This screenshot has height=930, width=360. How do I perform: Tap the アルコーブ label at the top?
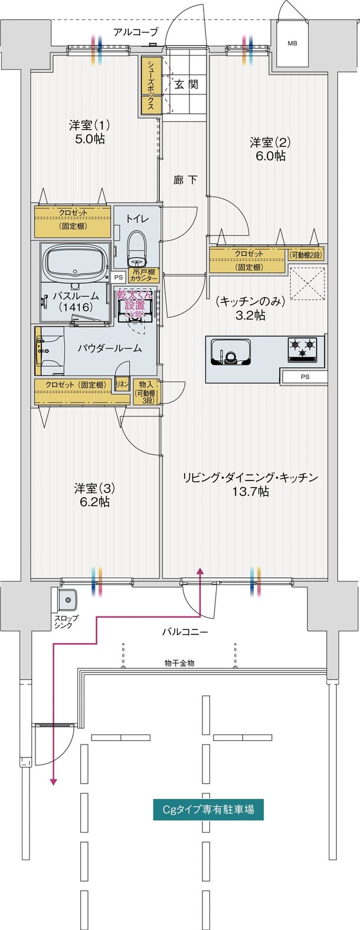[136, 32]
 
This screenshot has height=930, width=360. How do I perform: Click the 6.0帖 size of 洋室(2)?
[270, 156]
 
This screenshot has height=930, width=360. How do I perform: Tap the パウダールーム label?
[110, 348]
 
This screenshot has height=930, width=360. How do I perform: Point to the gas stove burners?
[302, 349]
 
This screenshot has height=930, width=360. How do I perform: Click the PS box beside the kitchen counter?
[304, 377]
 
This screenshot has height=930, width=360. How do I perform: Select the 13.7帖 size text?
[250, 491]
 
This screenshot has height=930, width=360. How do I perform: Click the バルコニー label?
[185, 632]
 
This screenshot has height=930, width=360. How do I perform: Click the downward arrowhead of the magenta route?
[54, 781]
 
